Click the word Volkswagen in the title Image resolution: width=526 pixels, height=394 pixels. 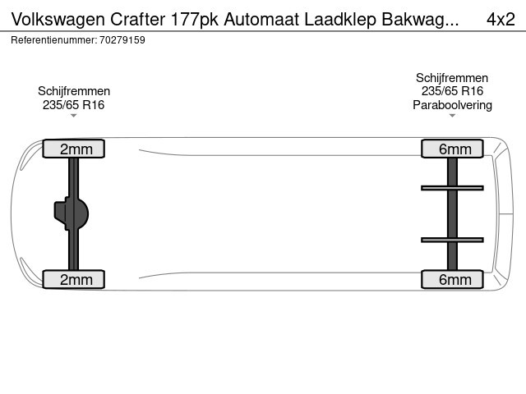58,20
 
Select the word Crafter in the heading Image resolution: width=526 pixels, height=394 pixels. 138,20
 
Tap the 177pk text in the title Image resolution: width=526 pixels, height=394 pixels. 195,20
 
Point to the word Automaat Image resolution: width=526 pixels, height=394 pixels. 261,20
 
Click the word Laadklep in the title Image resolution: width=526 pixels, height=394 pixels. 340,20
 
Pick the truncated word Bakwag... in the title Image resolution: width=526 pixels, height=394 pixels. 420,20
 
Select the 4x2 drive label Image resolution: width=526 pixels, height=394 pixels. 501,20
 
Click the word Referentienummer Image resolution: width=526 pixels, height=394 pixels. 53,40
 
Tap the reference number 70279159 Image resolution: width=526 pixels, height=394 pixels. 122,40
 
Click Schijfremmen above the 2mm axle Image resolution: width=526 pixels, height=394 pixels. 74,91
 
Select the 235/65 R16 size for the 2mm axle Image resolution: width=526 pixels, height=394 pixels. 73,105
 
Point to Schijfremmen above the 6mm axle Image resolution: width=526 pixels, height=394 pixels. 452,78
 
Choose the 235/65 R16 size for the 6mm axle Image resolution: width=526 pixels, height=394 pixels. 452,91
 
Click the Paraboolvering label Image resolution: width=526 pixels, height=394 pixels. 452,105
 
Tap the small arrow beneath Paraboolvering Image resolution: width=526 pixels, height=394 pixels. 452,116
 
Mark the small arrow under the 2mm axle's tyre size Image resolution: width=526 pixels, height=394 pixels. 73,116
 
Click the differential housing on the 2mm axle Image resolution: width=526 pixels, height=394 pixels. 72,213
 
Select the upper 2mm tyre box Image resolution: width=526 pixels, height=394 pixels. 74,149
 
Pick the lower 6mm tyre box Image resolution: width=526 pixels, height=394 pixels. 452,279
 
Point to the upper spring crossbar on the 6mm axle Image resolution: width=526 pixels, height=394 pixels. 452,188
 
